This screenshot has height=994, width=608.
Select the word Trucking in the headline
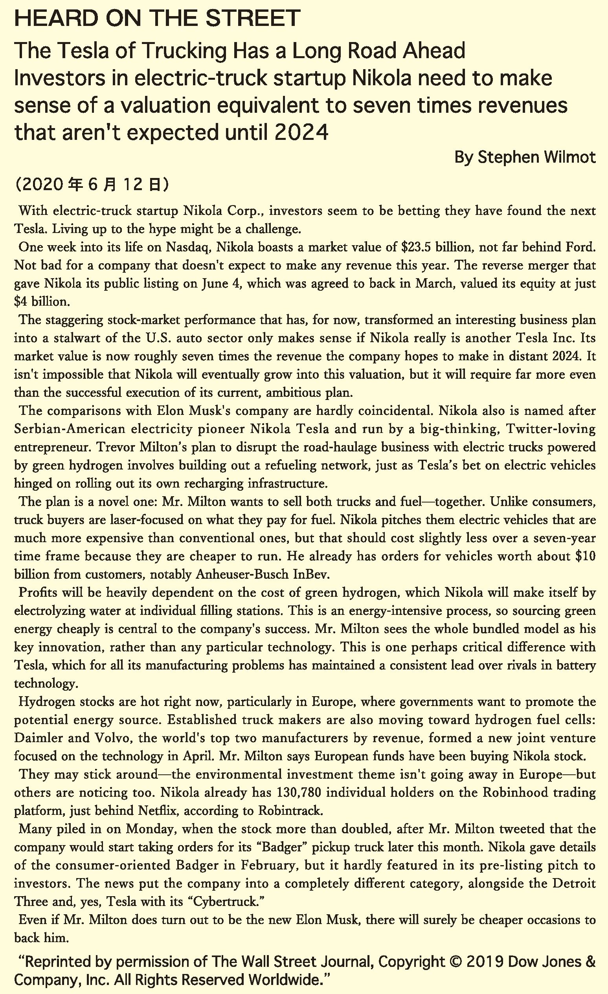[187, 51]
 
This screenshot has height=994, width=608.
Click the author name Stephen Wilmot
[536, 157]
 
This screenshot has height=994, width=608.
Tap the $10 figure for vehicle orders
[586, 556]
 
